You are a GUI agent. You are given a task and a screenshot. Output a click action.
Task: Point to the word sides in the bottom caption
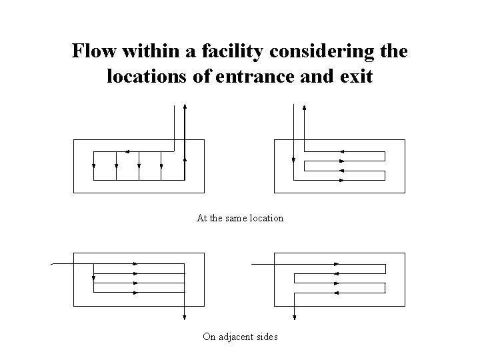click(x=267, y=337)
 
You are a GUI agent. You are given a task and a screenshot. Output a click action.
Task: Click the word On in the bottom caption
click(x=209, y=337)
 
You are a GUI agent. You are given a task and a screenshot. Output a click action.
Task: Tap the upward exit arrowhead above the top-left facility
click(x=185, y=108)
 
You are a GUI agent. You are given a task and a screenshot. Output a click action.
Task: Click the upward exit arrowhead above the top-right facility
click(x=305, y=108)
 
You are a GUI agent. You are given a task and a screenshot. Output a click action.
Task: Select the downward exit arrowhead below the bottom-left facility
click(x=184, y=317)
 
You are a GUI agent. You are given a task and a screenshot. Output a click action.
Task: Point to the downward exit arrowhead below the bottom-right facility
click(x=294, y=317)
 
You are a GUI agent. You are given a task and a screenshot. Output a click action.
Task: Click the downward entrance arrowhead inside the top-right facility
click(x=294, y=159)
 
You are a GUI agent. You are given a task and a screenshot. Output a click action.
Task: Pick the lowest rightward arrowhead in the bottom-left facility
click(x=135, y=292)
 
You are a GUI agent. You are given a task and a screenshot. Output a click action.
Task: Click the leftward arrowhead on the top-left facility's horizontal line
click(x=127, y=151)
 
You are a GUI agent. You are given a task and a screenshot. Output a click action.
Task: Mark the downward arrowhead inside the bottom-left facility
click(x=94, y=279)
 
